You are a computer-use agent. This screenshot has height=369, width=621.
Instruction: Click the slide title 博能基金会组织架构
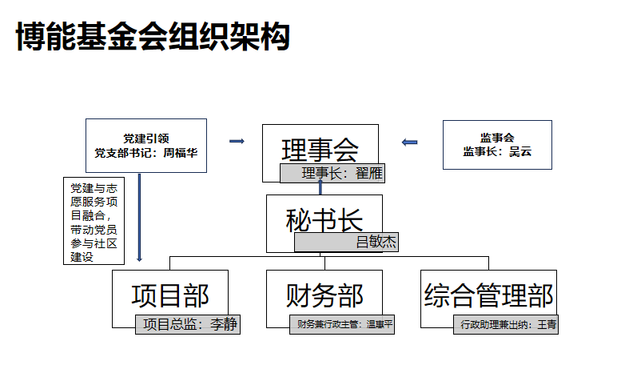tap(153, 37)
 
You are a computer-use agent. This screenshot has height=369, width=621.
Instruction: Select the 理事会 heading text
tap(320, 150)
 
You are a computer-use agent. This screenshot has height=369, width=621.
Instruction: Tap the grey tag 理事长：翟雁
tap(332, 174)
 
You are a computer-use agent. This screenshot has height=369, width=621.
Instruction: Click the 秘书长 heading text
tap(324, 220)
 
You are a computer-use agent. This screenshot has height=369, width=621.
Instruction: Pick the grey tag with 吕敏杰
tap(347, 242)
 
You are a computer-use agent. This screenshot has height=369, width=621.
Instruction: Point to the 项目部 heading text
tap(170, 296)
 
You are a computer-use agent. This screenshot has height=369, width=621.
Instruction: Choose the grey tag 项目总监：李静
tap(188, 324)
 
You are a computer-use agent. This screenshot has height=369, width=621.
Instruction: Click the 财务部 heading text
tap(324, 296)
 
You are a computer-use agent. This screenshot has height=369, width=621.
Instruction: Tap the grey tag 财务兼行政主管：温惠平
tap(342, 324)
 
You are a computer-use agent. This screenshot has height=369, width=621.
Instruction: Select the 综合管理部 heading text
tap(488, 296)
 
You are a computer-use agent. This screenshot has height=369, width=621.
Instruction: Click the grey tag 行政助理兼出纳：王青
tap(506, 324)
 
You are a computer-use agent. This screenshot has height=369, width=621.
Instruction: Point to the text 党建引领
tap(146, 138)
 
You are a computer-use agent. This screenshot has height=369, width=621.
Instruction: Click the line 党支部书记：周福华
tap(146, 153)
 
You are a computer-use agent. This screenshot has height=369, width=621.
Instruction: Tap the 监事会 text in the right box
tap(497, 138)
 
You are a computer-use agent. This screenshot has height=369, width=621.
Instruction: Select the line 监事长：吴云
tap(497, 151)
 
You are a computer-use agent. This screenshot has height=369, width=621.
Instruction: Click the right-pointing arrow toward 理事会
tap(237, 141)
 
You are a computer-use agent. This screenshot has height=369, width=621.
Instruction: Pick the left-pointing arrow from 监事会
tap(409, 142)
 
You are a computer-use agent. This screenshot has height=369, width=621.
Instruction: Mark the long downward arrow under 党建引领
tap(139, 218)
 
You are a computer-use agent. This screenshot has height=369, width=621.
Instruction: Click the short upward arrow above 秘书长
tap(320, 187)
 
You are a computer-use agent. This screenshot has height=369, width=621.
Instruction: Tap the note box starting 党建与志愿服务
tap(94, 221)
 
